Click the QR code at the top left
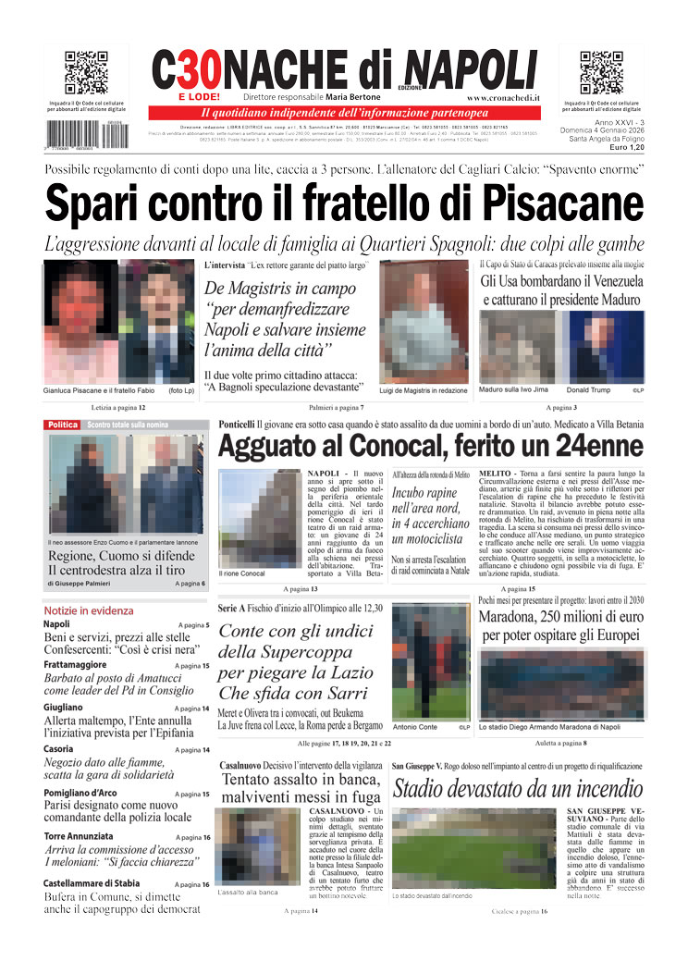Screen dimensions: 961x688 pos(87,73)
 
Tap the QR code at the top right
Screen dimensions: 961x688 pos(601,73)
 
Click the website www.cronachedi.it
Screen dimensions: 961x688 pos(503,97)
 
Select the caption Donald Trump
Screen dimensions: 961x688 pos(588,390)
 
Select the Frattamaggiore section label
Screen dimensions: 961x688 pos(79,665)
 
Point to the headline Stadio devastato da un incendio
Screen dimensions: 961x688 pos(518,790)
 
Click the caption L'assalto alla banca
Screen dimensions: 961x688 pos(248,893)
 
